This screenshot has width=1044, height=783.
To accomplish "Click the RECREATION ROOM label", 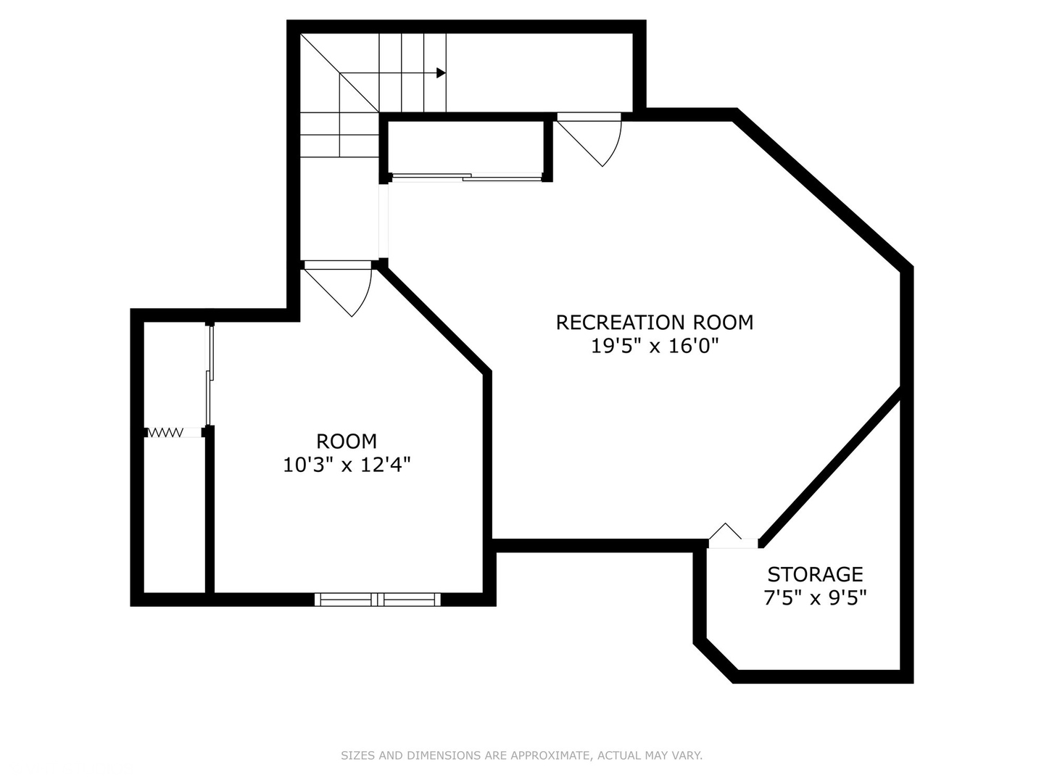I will tap(654, 322).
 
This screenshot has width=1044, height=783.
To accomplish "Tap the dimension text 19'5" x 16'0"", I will tap(654, 346).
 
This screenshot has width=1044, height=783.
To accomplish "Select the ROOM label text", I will tap(347, 441).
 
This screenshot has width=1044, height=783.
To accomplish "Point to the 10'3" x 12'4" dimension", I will tap(347, 465).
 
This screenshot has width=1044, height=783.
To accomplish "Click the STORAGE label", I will tap(815, 574).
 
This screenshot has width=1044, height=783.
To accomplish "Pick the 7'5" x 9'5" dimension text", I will tap(815, 598).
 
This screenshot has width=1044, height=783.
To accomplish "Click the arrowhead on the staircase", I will tap(441, 72).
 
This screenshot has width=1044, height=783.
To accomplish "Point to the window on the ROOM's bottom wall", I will tap(378, 599).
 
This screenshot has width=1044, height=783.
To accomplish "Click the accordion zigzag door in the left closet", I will tap(165, 433).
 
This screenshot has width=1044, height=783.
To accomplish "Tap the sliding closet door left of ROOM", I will tap(210, 375).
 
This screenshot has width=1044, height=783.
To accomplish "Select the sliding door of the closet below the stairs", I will tap(465, 176).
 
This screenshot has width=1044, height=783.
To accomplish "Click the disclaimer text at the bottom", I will tap(521, 755).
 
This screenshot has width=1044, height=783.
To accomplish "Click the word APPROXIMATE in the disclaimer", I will tap(550, 755).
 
